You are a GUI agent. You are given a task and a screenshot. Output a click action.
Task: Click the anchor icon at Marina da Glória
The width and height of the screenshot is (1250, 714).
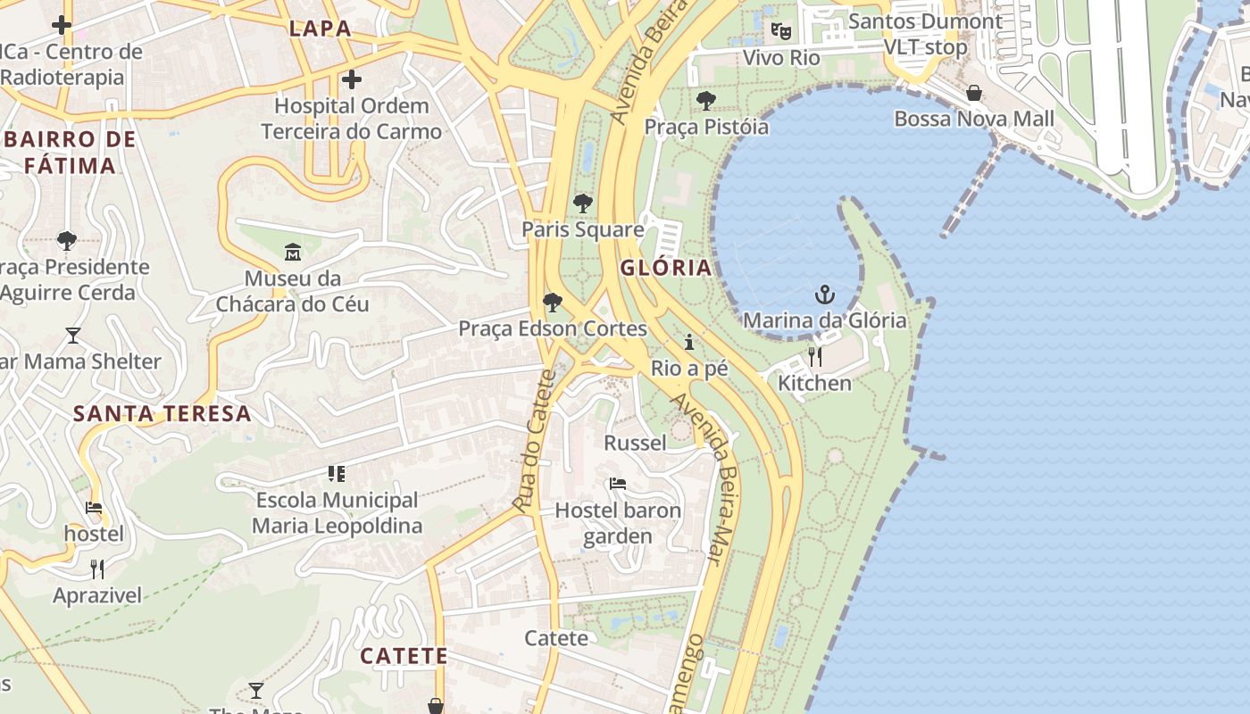(x=825, y=294)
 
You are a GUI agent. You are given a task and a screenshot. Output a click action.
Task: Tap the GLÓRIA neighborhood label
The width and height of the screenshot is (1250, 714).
(x=666, y=268)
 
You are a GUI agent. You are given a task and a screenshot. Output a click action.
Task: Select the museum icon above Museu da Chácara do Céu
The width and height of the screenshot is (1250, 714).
(x=293, y=253)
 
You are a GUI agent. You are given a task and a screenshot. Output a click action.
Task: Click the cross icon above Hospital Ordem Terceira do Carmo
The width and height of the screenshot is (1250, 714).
(x=352, y=79)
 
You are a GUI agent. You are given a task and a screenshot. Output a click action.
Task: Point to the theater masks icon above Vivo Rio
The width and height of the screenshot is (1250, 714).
(x=781, y=31)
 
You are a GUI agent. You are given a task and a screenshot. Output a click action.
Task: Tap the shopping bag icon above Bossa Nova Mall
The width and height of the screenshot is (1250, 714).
(x=974, y=93)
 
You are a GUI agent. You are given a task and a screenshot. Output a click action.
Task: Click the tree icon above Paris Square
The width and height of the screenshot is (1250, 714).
(x=583, y=203)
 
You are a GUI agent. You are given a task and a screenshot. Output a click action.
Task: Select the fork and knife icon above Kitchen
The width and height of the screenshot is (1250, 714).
(x=815, y=357)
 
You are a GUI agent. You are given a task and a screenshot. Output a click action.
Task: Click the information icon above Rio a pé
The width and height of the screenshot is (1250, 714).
(x=689, y=343)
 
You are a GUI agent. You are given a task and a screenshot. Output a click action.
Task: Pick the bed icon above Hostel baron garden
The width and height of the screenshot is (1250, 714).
(x=617, y=485)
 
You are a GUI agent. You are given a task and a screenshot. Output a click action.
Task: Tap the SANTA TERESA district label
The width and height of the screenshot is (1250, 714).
(x=162, y=414)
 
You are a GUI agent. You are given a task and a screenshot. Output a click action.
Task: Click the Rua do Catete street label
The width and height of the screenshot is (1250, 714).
(x=536, y=441)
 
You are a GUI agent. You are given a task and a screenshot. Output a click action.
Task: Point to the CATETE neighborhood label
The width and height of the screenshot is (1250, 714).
(x=404, y=656)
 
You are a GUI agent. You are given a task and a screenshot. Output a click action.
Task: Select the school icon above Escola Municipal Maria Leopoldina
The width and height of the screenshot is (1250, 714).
(x=337, y=474)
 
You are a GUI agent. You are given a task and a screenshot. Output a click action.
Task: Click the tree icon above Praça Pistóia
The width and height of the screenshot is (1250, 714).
(x=706, y=100)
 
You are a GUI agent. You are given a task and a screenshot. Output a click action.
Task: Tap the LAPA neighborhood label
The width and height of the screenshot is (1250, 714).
(x=320, y=29)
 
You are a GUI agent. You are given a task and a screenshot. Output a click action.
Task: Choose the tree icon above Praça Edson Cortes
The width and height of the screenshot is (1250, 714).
(x=553, y=303)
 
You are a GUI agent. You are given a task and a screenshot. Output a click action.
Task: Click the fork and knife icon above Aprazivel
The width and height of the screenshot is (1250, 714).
(x=97, y=569)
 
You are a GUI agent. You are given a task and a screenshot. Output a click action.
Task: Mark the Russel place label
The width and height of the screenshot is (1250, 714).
(x=636, y=444)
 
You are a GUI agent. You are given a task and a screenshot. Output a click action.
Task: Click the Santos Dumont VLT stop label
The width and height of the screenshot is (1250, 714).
(x=925, y=34)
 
